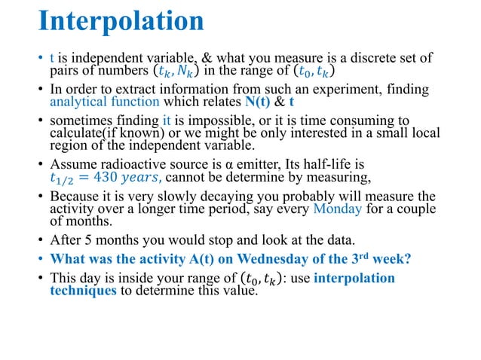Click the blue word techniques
point(84,291)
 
